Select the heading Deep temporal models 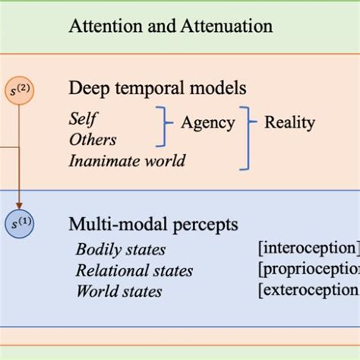click(158, 88)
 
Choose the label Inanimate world click(126, 161)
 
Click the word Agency click(205, 122)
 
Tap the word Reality click(289, 122)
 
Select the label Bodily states click(120, 250)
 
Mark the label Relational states click(134, 270)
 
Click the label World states click(118, 290)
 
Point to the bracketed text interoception click(307, 248)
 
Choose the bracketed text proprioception click(307, 269)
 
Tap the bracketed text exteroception click(307, 289)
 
